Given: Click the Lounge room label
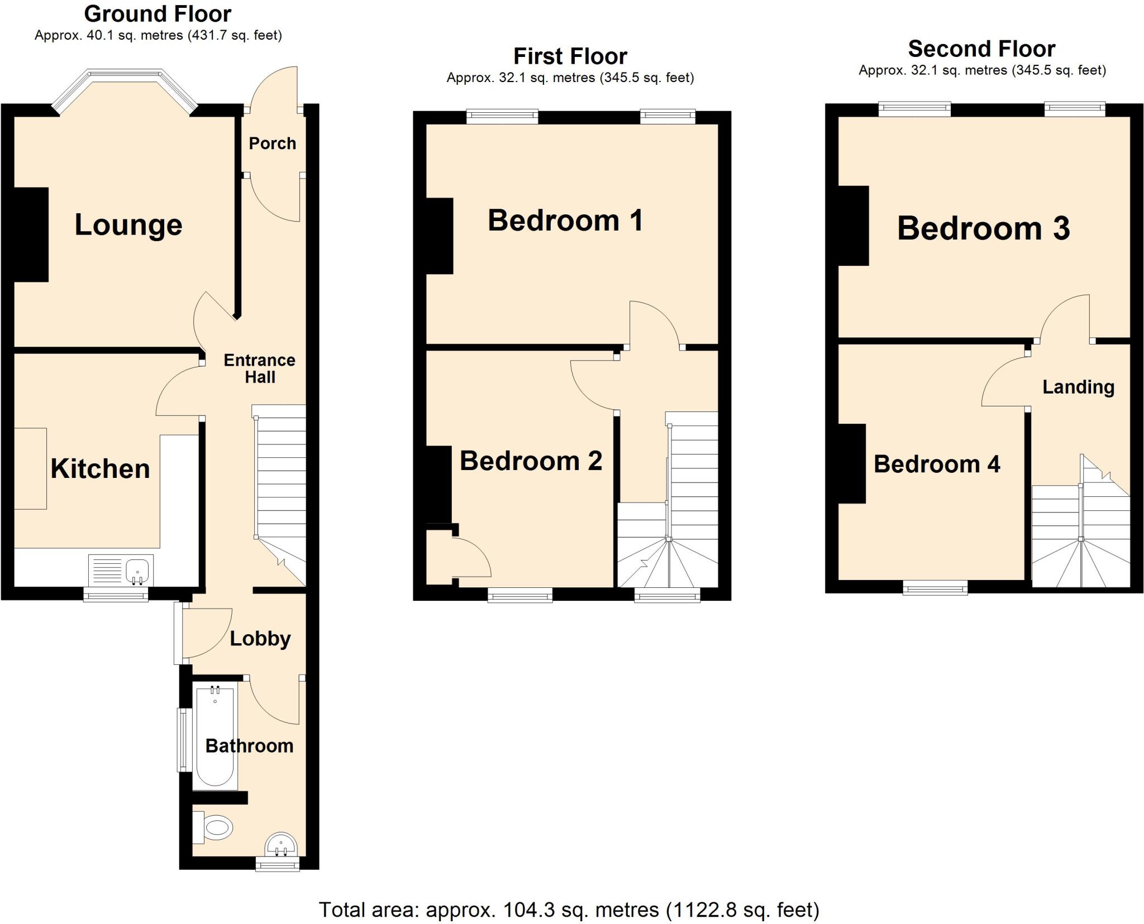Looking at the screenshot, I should click(x=128, y=225).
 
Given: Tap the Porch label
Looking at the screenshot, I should click(x=272, y=143).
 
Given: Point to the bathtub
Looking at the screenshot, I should click(x=215, y=737).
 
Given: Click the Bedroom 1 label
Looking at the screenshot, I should click(x=565, y=220).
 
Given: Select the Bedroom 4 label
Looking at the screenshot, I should click(x=936, y=464).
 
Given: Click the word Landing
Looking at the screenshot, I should click(x=1078, y=387).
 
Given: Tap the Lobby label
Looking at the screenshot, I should click(x=260, y=638).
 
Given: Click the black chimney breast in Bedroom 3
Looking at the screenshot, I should click(x=853, y=226).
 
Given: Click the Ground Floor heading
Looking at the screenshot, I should click(x=158, y=13).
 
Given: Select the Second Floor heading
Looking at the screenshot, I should click(x=981, y=49).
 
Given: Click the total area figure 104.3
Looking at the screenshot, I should click(x=528, y=910).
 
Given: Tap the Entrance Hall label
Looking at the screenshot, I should click(x=259, y=368).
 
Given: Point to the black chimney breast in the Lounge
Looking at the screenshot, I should click(x=30, y=234).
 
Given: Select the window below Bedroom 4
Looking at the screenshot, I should click(x=935, y=587).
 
